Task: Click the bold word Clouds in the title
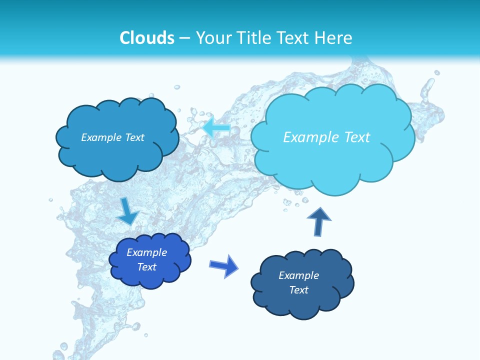147,38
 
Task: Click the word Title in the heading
254,38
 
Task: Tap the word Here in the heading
334,38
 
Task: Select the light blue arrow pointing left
216,128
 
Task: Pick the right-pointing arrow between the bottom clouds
224,265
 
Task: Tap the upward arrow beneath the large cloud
319,221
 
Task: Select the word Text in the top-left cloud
134,137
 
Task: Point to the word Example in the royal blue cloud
146,252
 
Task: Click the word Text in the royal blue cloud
147,267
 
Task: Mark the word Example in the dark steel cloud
298,275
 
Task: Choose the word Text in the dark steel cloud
298,290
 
